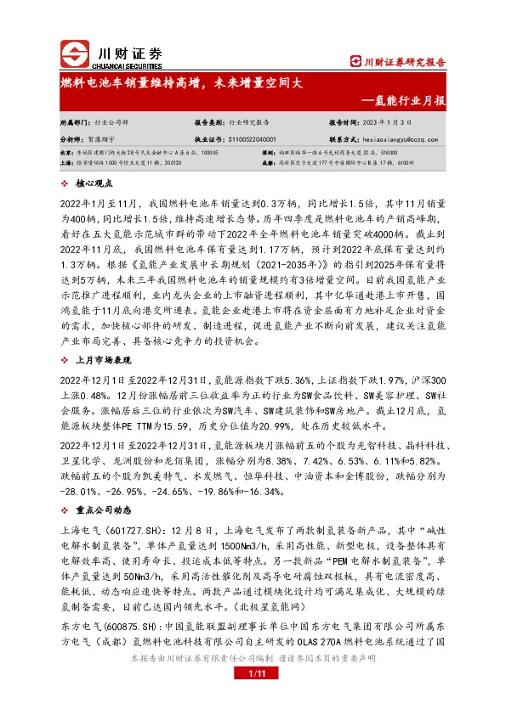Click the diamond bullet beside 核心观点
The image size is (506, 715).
[x=67, y=183]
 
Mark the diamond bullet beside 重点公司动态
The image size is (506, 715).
[x=67, y=511]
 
